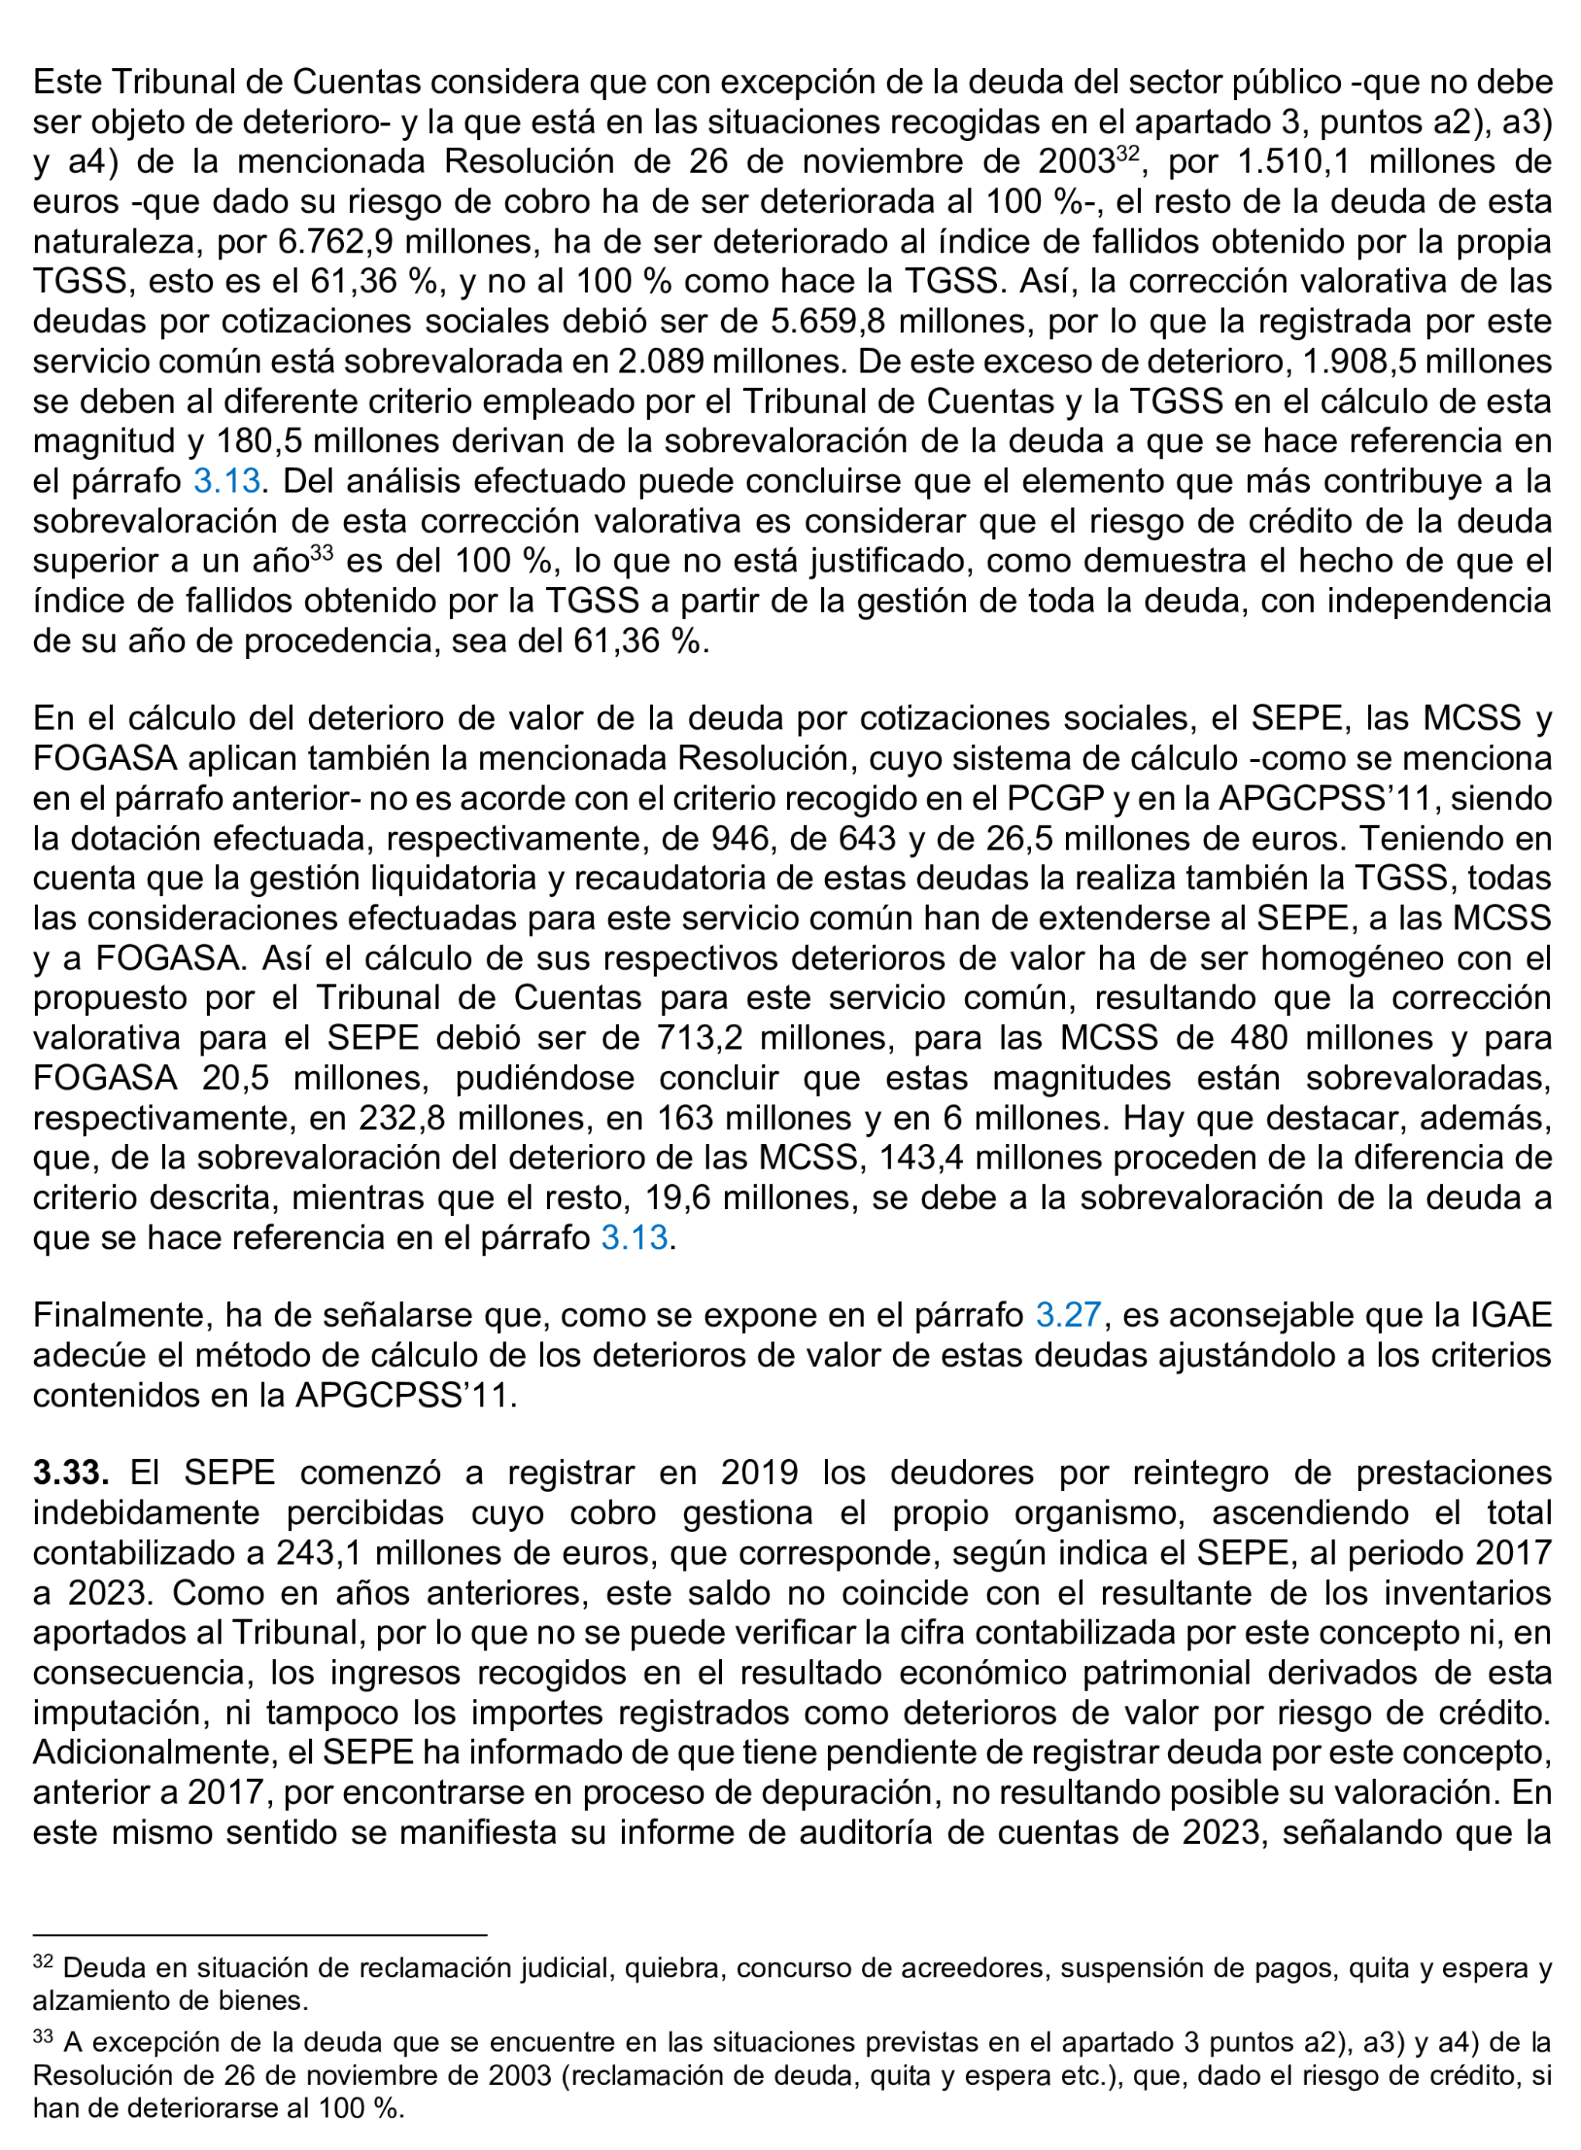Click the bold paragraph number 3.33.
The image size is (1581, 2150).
coord(70,1472)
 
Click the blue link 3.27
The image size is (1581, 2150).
coord(1068,1314)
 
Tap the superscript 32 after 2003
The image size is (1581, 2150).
coord(1127,152)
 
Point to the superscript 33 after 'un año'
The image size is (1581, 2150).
coord(321,552)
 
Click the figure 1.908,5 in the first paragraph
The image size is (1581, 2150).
coord(1363,361)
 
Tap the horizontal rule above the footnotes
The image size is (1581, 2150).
coord(259,1935)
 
